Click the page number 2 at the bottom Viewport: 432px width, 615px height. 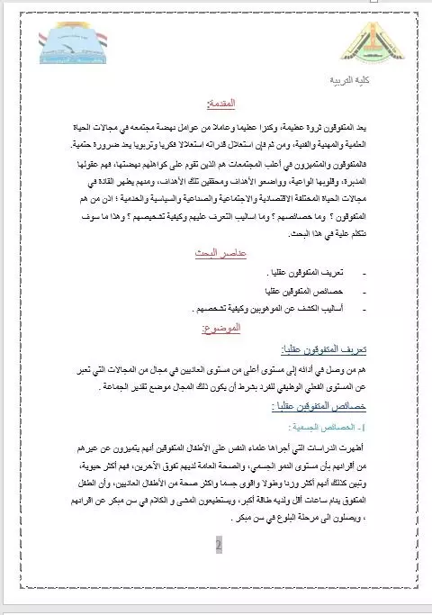click(218, 546)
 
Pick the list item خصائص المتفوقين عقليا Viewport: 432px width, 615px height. click(303, 291)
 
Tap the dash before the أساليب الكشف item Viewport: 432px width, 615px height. click(364, 309)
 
